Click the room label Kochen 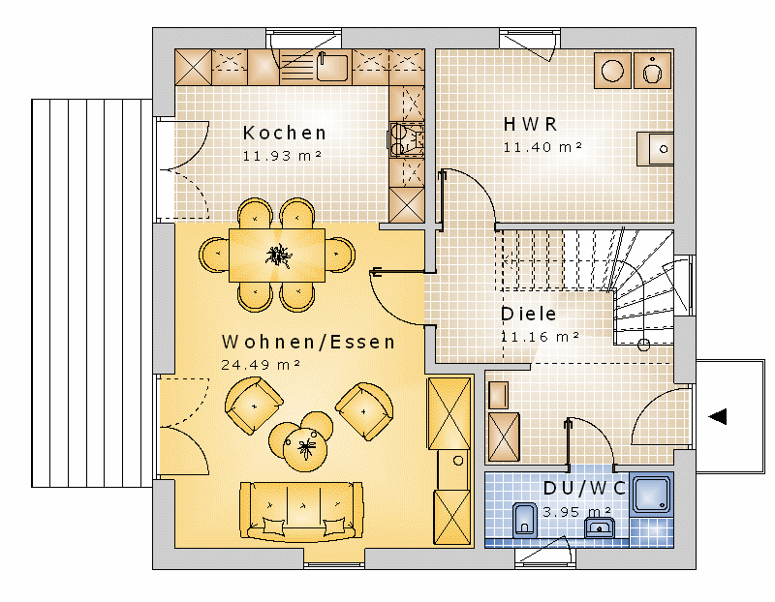coord(285,133)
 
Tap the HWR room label coord(530,124)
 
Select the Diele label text coord(528,314)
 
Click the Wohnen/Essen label coord(308,342)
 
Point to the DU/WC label coord(585,488)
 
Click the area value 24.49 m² coord(261,365)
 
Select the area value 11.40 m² coord(542,147)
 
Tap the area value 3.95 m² coord(577,512)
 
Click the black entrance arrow coord(718,416)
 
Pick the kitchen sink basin coord(332,67)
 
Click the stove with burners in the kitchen coord(406,139)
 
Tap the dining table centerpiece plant coord(278,256)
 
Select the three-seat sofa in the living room coord(301,512)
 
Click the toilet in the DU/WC coord(524,520)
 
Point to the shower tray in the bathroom coord(652,494)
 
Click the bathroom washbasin coord(600,527)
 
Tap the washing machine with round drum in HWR coord(613,70)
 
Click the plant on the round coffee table coord(305,448)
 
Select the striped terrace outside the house coord(92,293)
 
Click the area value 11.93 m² coord(282,156)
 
